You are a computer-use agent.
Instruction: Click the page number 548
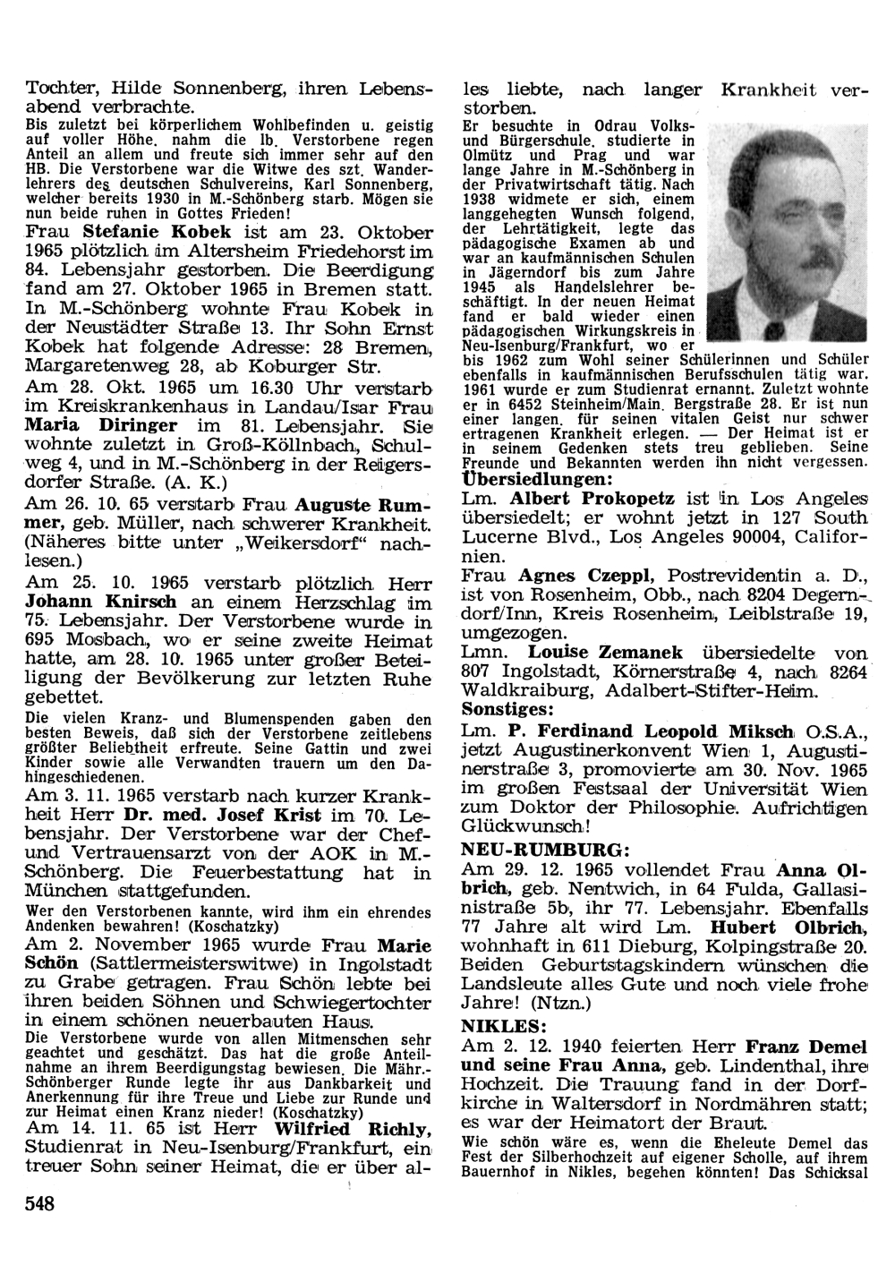40,1203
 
